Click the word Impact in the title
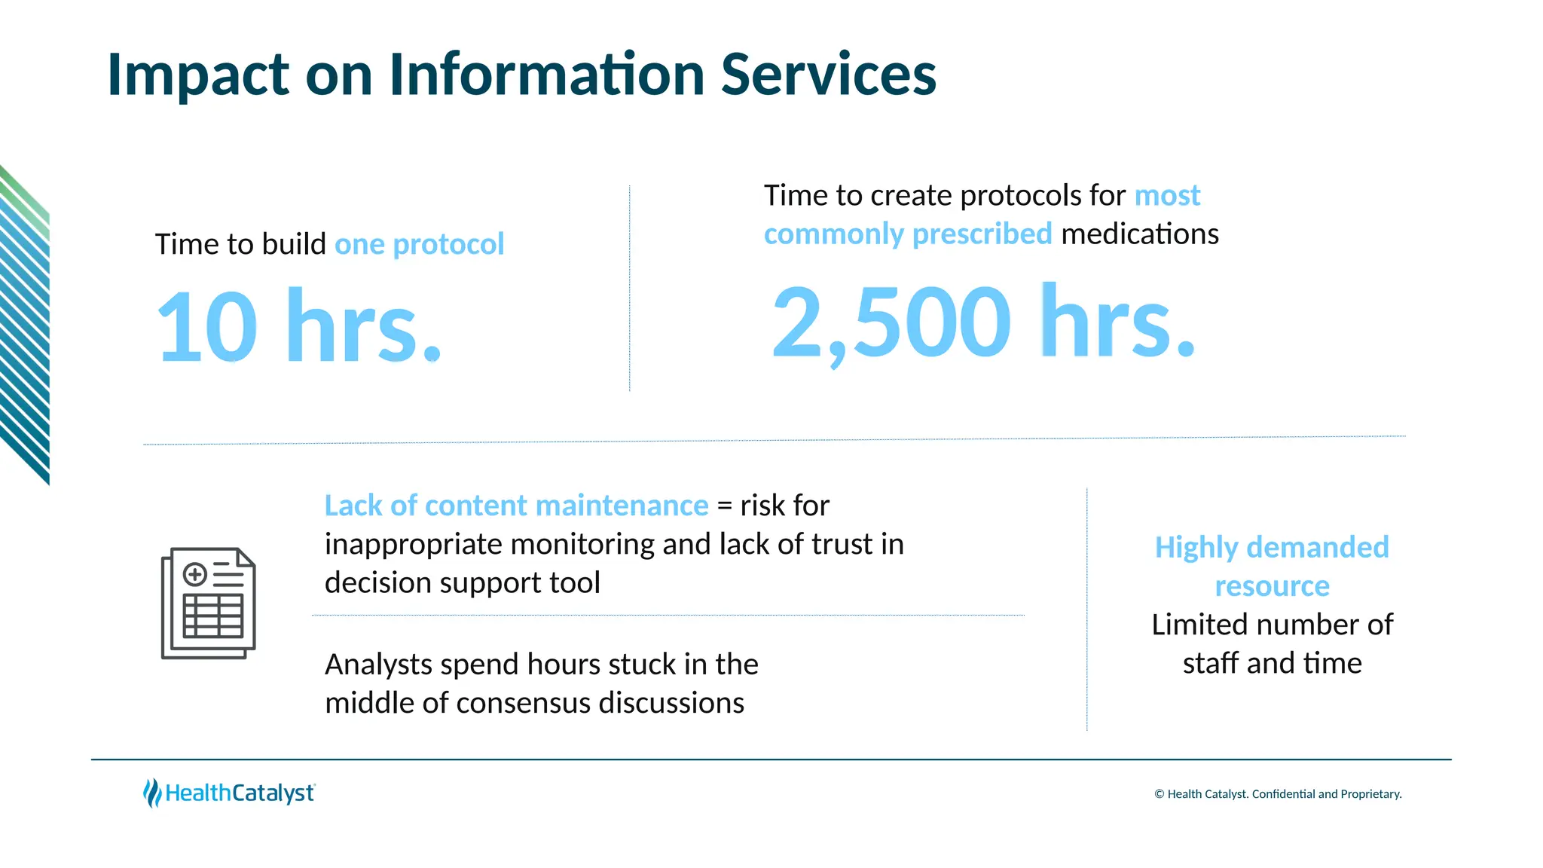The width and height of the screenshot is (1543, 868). click(x=198, y=75)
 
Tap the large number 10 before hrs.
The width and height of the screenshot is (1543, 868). click(x=207, y=327)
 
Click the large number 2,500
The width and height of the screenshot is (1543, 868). click(x=891, y=322)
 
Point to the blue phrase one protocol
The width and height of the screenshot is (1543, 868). click(x=419, y=244)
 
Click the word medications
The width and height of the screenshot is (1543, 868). click(x=1139, y=234)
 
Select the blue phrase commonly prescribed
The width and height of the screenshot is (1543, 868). click(x=907, y=234)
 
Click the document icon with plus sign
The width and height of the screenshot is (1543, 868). click(x=209, y=603)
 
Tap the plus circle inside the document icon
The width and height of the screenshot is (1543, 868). click(x=195, y=575)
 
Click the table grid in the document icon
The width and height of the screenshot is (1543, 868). click(x=213, y=616)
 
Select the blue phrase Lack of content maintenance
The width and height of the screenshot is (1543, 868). click(x=516, y=506)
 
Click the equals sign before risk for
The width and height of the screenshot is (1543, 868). click(x=724, y=506)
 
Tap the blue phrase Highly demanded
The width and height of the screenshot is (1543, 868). click(x=1271, y=547)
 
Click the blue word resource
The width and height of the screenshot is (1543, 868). click(x=1272, y=586)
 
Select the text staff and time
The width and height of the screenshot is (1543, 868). click(x=1272, y=663)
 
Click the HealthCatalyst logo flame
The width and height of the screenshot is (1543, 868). click(x=152, y=793)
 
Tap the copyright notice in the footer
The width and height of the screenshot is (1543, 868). click(x=1278, y=794)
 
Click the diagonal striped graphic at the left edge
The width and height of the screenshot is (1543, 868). click(x=25, y=324)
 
